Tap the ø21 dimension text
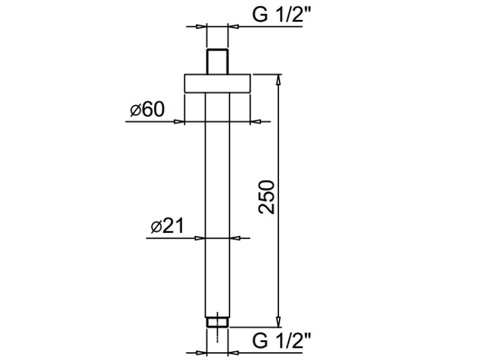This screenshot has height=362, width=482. coord(167,226)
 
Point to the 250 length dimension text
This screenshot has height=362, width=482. coord(266,197)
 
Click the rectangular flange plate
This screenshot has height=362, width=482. coord(217,84)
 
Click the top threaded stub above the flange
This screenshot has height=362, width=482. coord(217,62)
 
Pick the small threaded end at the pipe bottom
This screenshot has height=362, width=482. coord(217,322)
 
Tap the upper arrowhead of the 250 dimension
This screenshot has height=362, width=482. coord(278,79)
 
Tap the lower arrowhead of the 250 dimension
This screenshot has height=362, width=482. coord(278,322)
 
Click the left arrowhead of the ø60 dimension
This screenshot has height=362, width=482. coord(179,122)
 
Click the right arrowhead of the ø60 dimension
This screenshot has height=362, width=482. coord(256,122)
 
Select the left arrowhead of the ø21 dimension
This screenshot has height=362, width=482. coord(200,238)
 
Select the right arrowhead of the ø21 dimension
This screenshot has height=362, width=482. coord(235,238)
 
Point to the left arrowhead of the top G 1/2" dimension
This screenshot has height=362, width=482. coord(202,27)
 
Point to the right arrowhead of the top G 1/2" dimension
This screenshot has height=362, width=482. coord(233,27)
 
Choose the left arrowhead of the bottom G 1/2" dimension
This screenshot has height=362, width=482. coord(202,353)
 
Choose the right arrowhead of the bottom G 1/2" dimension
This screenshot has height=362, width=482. coord(233,353)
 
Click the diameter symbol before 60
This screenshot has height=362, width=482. coord(135,111)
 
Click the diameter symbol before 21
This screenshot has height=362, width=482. coord(156,227)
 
